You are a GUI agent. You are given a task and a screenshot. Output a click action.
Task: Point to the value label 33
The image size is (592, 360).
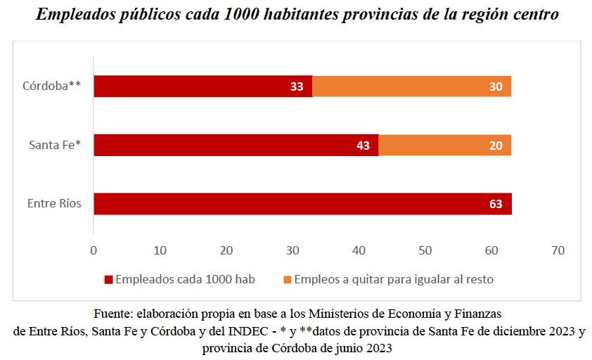click(297, 86)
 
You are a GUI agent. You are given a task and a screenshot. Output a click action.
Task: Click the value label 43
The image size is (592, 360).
click(363, 146)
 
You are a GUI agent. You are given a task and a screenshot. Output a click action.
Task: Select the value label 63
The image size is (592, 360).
click(496, 204)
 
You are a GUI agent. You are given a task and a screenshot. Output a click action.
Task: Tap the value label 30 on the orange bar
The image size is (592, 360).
click(496, 86)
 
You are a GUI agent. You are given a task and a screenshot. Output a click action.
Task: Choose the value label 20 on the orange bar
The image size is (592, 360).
click(496, 146)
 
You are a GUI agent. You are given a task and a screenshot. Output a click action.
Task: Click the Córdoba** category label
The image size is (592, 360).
click(52, 86)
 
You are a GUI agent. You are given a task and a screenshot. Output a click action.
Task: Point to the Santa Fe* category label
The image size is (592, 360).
click(55, 146)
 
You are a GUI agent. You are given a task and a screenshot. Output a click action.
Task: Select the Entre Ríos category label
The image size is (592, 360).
click(54, 204)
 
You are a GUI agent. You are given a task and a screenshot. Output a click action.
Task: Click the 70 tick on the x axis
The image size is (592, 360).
click(558, 250)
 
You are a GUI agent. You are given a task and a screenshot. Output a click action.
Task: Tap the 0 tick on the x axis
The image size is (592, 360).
click(94, 250)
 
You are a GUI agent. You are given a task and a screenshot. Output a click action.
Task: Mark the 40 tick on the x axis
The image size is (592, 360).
click(359, 250)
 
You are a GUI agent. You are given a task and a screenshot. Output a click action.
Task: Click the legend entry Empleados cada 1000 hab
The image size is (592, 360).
click(184, 279)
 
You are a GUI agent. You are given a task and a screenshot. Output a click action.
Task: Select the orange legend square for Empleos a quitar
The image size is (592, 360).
click(287, 280)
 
